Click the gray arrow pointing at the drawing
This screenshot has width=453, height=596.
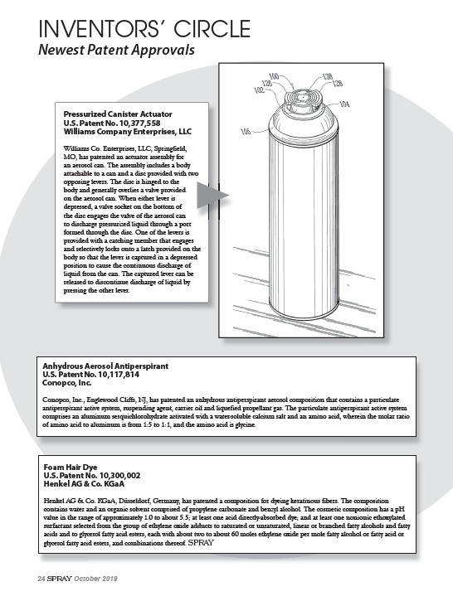click(x=212, y=195)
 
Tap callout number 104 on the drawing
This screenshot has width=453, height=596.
click(x=343, y=104)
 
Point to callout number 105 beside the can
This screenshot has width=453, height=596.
click(x=246, y=132)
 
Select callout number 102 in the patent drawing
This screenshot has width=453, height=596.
click(x=259, y=90)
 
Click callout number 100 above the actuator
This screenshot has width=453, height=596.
click(x=274, y=77)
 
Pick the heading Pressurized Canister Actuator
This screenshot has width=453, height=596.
click(x=118, y=114)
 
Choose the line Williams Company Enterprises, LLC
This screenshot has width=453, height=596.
click(x=128, y=132)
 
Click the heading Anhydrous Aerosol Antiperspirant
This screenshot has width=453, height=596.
click(x=105, y=366)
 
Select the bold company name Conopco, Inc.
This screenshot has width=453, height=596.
click(x=67, y=383)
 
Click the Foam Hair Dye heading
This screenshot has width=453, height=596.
click(x=71, y=468)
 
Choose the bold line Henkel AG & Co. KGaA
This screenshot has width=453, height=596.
click(x=84, y=484)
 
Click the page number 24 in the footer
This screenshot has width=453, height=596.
click(x=41, y=579)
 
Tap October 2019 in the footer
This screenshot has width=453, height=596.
click(x=95, y=579)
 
